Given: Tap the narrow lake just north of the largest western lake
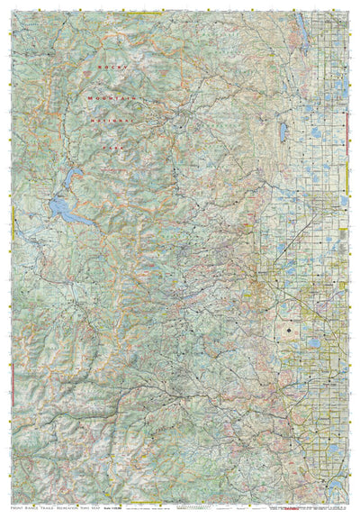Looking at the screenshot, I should click(x=72, y=173).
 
